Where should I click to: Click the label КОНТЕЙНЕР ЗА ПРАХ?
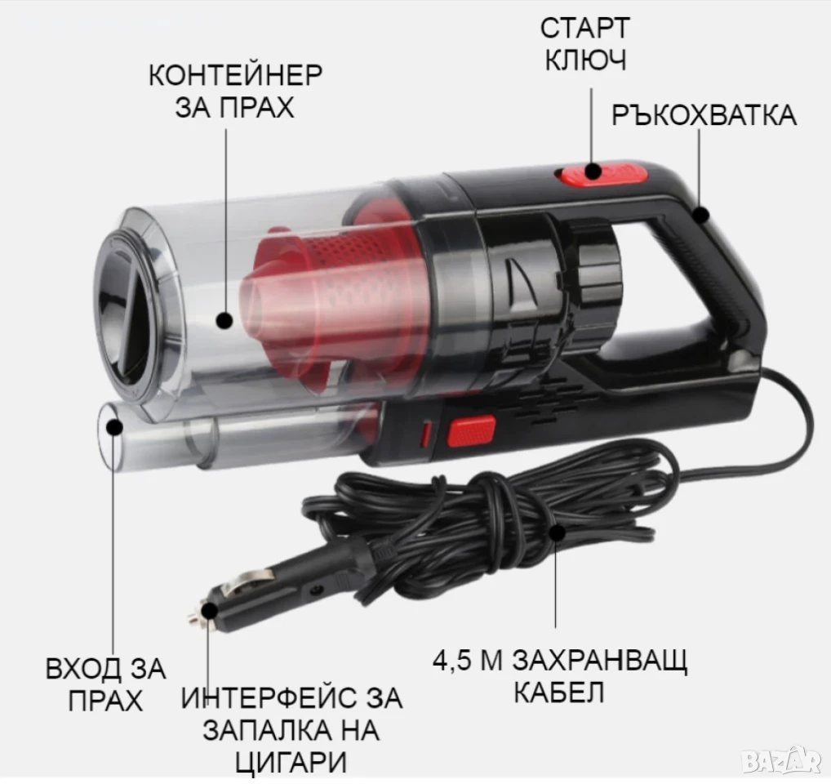[x=235, y=91]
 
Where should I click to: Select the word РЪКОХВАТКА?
[x=704, y=115]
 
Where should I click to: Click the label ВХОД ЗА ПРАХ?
[x=106, y=684]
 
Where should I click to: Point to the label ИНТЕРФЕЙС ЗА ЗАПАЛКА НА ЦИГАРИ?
[x=291, y=729]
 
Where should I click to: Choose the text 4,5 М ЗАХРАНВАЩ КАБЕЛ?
[x=560, y=676]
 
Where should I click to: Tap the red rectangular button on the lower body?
[x=472, y=431]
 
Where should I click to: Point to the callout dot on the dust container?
[x=225, y=320]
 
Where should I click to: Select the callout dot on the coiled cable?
[x=556, y=531]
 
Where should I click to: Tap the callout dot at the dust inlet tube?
[x=114, y=427]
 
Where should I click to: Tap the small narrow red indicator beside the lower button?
[x=426, y=433]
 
